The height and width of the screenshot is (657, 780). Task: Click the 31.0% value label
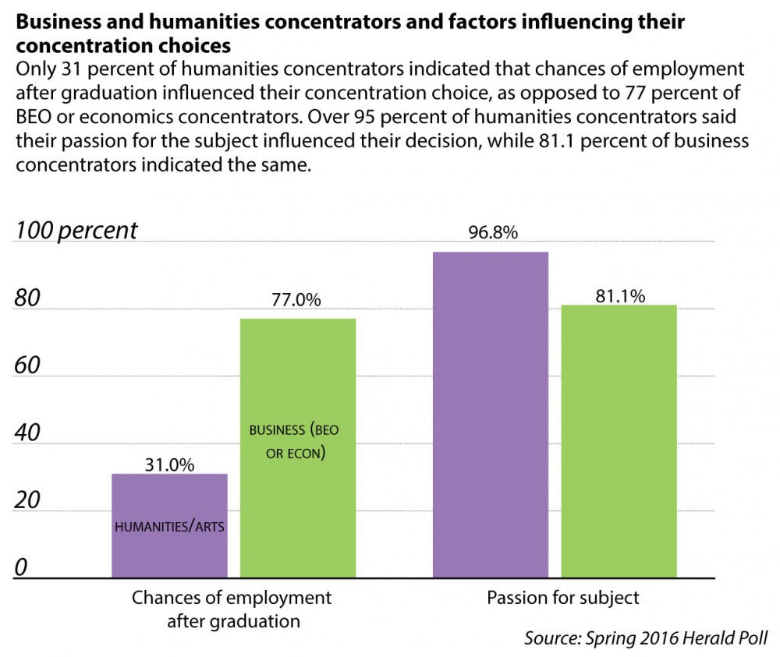click(x=169, y=464)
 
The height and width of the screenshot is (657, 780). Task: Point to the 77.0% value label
click(x=297, y=301)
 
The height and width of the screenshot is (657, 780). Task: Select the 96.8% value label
click(x=490, y=233)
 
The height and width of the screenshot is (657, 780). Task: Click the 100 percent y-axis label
click(x=76, y=231)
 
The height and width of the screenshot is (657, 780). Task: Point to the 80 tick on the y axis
click(x=28, y=298)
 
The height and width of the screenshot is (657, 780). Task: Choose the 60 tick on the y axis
click(x=28, y=365)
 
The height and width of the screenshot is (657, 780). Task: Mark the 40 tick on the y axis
click(x=28, y=433)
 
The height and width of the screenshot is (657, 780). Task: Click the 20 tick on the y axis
click(x=28, y=500)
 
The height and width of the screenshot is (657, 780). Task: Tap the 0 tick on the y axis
click(x=21, y=567)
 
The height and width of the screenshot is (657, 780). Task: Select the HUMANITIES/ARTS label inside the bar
click(x=169, y=527)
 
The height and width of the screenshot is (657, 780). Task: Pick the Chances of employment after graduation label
click(x=232, y=609)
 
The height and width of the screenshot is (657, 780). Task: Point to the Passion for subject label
click(x=563, y=599)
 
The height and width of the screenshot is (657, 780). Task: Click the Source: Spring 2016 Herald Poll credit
click(x=645, y=638)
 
